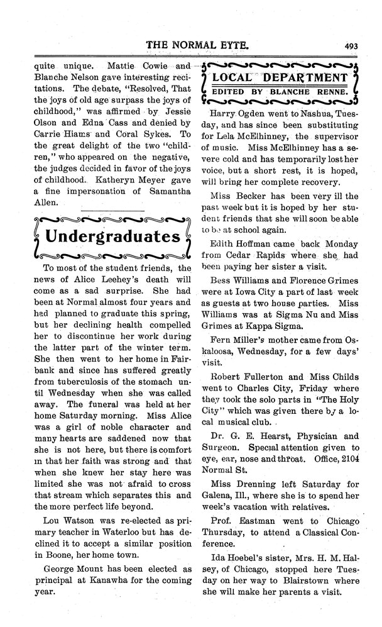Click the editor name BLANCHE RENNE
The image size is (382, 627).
click(x=317, y=93)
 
